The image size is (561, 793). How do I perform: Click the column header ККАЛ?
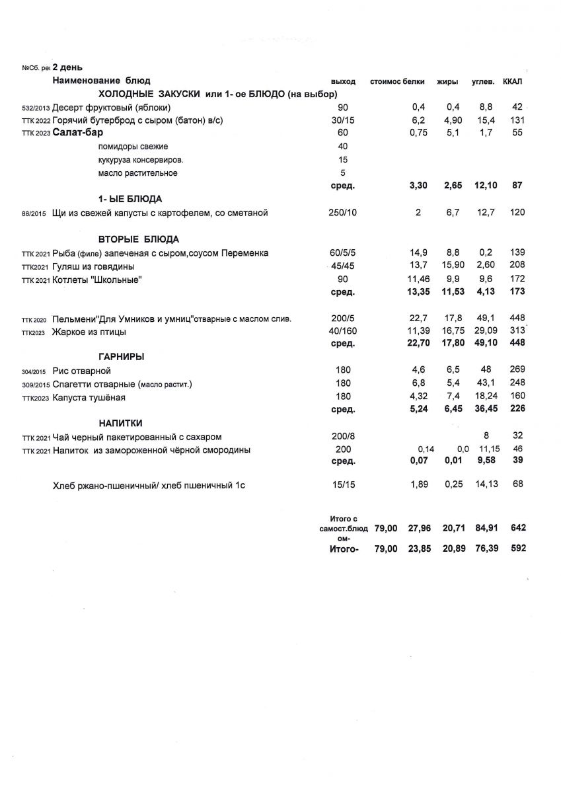tap(512, 81)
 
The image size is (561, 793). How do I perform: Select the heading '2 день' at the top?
tap(67, 67)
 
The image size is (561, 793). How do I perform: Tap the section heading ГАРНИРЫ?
tap(122, 357)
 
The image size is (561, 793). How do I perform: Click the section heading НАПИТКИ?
tap(121, 423)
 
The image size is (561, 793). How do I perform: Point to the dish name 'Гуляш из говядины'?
tap(93, 266)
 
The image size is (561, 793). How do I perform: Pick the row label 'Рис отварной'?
tap(81, 371)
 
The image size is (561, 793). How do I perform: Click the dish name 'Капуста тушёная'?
tap(89, 397)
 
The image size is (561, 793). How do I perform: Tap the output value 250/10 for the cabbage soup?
tap(342, 213)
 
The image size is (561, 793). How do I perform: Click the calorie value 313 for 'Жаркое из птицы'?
tap(517, 330)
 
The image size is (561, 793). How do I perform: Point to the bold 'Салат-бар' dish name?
tap(77, 132)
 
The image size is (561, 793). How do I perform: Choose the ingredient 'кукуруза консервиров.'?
tap(140, 160)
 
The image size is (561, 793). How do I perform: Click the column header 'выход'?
tap(343, 81)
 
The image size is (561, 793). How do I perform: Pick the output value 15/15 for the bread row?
tap(342, 485)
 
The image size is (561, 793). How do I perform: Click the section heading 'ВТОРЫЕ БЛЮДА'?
tap(139, 239)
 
